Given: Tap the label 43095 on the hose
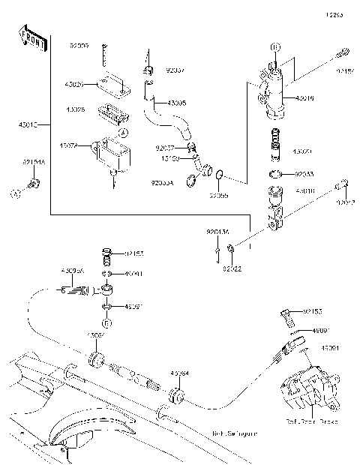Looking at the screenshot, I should click(x=177, y=103).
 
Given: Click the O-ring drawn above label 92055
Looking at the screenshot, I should click(x=219, y=177).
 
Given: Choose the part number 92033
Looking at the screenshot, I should click(x=305, y=173).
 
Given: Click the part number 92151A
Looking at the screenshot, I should click(x=33, y=162).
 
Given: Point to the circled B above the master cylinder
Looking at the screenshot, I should click(x=274, y=47).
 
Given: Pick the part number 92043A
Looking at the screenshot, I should click(x=217, y=233).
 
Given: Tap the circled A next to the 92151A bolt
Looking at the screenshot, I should click(x=14, y=193).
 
